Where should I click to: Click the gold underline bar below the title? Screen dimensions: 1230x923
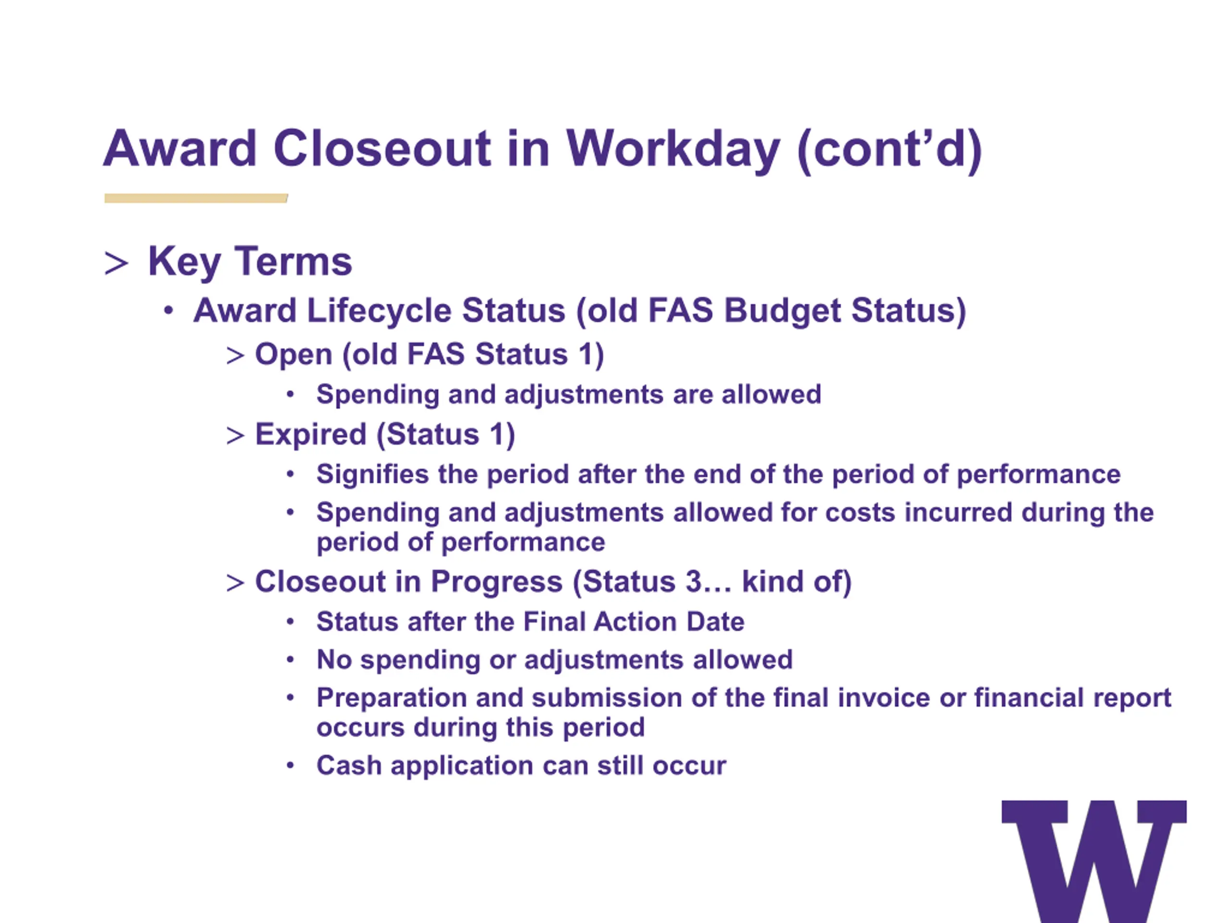[196, 198]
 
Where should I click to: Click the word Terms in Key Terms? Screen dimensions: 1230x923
[293, 261]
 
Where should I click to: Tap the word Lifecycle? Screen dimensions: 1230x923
[380, 311]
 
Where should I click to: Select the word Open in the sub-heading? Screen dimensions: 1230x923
[294, 355]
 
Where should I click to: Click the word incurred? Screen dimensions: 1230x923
[958, 512]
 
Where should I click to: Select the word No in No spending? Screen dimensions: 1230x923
[334, 660]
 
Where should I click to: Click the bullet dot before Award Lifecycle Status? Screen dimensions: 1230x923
[169, 311]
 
